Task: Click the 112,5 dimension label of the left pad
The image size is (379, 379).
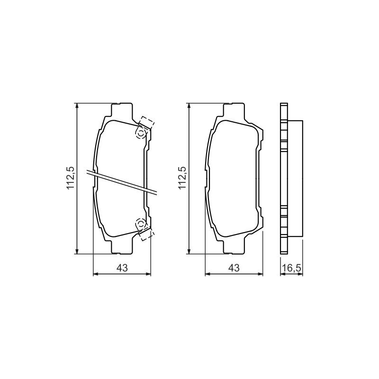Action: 71,179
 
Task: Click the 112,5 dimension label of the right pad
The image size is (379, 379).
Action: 182,179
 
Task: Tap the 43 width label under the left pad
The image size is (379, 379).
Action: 122,268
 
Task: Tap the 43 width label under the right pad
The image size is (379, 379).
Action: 234,268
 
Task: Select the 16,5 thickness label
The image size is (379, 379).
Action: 291,268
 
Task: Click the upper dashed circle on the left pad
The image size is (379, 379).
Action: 141,134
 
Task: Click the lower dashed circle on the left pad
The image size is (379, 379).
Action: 141,223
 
